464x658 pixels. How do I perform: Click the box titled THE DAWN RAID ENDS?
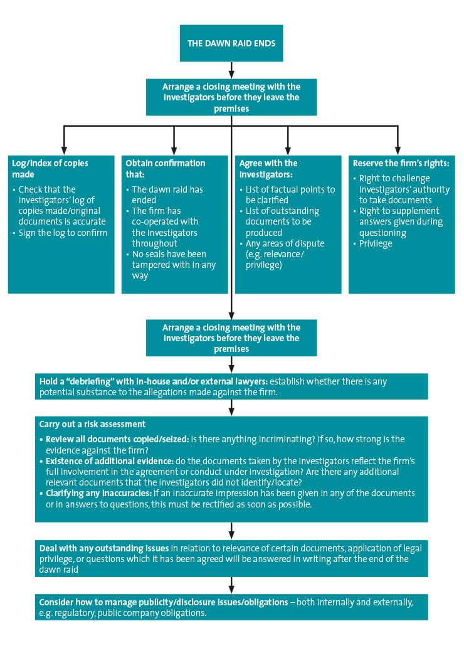pyautogui.click(x=231, y=43)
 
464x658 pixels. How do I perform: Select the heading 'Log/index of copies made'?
pyautogui.click(x=50, y=169)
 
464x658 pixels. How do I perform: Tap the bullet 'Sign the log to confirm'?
pyautogui.click(x=63, y=233)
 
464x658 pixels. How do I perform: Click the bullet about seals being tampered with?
pyautogui.click(x=173, y=265)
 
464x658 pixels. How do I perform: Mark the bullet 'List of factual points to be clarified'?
pyautogui.click(x=290, y=194)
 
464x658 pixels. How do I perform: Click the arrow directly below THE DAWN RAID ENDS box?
pyautogui.click(x=231, y=70)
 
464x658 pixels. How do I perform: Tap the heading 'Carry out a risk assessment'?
pyautogui.click(x=92, y=424)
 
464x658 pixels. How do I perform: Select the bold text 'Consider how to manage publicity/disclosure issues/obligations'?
pyautogui.click(x=163, y=602)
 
